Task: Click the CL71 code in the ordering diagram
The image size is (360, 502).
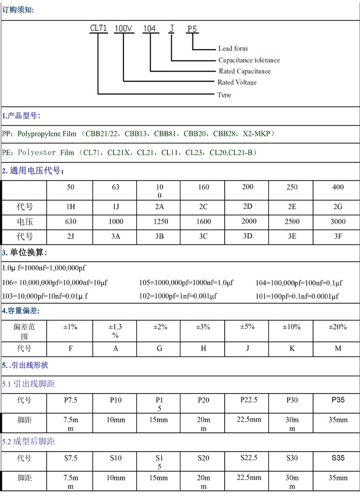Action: (x=98, y=28)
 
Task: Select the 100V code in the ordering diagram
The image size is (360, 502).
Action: (x=123, y=28)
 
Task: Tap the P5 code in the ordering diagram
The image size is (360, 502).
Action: (x=192, y=29)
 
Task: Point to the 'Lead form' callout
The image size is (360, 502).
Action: (x=233, y=49)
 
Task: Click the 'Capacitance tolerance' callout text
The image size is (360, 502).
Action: (x=249, y=60)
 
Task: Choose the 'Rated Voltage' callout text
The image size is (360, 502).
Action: (x=237, y=83)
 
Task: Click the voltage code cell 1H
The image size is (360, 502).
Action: (x=71, y=207)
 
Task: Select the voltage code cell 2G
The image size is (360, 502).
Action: (x=338, y=207)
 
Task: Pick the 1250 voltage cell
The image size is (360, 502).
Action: (x=159, y=221)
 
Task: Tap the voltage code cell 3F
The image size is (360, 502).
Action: (x=338, y=236)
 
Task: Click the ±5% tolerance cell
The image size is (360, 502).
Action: (x=248, y=327)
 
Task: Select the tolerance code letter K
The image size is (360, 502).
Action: (x=292, y=348)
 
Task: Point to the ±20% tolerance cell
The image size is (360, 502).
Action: (x=338, y=327)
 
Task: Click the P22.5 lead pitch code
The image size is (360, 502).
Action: (x=248, y=399)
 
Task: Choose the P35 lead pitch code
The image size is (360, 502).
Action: (x=338, y=399)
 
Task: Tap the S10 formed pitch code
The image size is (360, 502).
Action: (x=116, y=458)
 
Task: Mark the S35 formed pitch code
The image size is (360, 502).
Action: (x=338, y=458)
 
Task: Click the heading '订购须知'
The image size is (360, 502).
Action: (x=18, y=10)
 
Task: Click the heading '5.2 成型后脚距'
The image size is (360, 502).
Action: (x=29, y=441)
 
